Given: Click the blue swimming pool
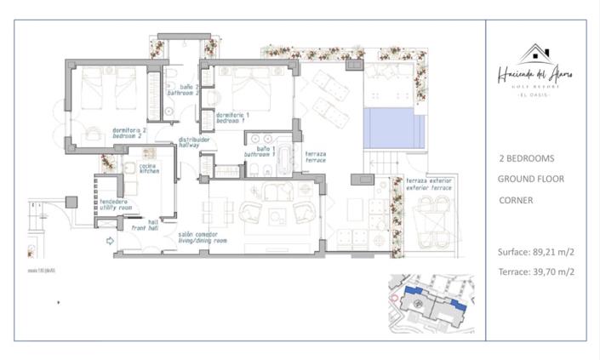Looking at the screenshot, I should pos(394,128).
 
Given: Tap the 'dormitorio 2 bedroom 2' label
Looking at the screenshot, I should pos(129,133).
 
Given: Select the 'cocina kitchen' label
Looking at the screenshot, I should pos(150,169).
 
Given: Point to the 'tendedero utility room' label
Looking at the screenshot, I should pos(114,204).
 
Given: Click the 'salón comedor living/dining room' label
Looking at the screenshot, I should pos(203,237).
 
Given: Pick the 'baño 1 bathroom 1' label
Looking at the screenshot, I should pos(260,152).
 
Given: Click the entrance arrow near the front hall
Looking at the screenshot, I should pos(110,242).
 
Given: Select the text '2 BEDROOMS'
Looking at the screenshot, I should pos(527,158).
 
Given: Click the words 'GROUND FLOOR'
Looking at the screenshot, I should pos(530,179).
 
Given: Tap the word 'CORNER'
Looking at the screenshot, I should pos(516,201).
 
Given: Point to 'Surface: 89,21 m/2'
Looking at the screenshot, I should pos(536,252).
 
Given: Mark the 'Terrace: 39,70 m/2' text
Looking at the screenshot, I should pos(536,271).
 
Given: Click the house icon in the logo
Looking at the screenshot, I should pos(535,54).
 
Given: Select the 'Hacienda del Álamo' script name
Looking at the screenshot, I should pos(534,76).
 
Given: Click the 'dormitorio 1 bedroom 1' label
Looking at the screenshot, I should pos(233,117).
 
